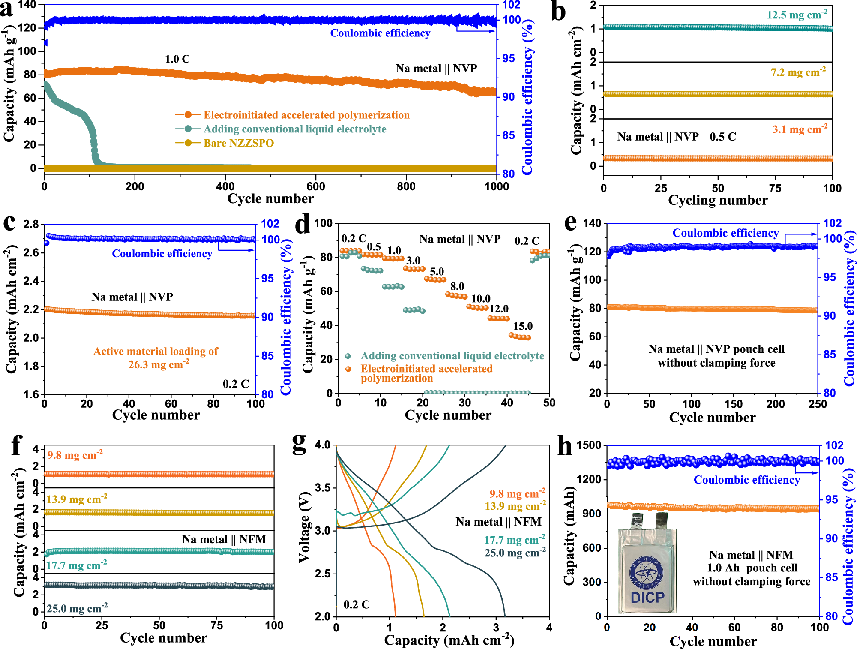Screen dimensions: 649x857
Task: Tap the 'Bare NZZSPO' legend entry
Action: [x=238, y=143]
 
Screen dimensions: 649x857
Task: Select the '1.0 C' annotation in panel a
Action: [x=177, y=59]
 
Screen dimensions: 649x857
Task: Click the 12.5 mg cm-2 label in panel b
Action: [x=797, y=15]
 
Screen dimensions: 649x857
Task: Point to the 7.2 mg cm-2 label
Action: [x=798, y=72]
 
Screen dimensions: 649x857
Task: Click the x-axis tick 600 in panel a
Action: [x=316, y=186]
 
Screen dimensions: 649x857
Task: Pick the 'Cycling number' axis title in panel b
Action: [x=718, y=201]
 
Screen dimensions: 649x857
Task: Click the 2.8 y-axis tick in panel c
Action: [x=31, y=225]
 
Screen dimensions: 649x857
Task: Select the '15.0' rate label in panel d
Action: [x=523, y=326]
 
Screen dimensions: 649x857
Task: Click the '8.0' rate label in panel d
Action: [x=457, y=286]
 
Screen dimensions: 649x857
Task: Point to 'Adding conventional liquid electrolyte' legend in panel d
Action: [x=452, y=356]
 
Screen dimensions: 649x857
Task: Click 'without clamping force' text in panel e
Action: [x=716, y=363]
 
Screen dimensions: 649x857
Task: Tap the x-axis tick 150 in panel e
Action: [x=733, y=404]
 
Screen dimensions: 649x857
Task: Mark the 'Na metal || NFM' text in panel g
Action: [x=498, y=522]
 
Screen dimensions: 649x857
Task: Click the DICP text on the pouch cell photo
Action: [x=647, y=597]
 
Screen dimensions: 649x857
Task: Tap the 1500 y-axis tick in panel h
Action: [x=589, y=445]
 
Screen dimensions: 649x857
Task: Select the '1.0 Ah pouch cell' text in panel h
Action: [x=752, y=568]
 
